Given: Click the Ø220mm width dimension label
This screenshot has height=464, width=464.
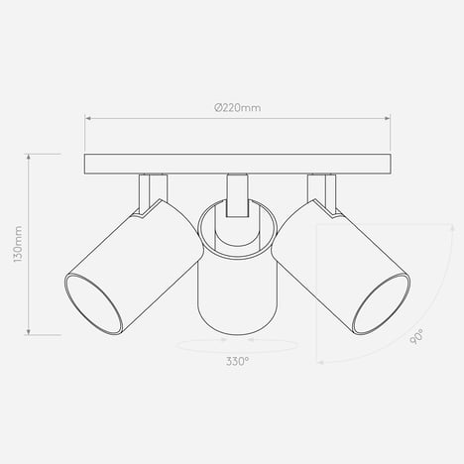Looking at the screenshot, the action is coord(238,108).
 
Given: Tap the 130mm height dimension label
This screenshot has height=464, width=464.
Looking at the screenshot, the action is coord(18,244).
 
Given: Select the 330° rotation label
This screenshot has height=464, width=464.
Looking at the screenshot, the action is coord(237,361).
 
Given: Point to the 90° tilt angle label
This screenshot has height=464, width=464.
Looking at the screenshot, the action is coord(416,336).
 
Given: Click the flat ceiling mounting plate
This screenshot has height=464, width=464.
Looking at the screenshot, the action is coord(238,164).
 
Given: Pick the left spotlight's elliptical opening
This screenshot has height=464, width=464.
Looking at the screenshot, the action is coord(93,303).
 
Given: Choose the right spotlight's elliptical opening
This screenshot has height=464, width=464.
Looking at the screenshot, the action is coord(382,303).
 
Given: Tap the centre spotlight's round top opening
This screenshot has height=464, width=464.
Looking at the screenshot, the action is coord(237,228).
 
